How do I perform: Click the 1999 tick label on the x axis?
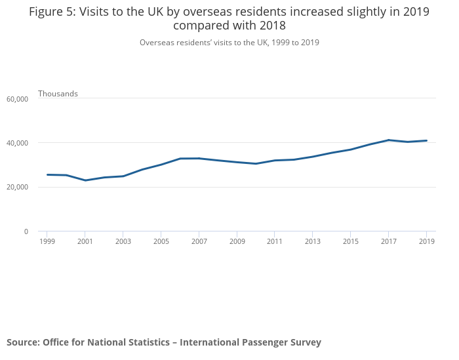click(47, 242)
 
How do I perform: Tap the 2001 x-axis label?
click(85, 242)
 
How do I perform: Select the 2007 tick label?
click(199, 242)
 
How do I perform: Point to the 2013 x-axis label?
click(313, 242)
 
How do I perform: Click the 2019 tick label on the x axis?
click(427, 242)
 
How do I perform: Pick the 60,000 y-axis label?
click(17, 99)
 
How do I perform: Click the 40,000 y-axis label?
click(17, 143)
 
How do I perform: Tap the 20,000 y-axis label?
click(17, 188)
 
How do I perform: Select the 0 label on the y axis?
click(26, 231)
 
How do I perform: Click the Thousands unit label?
click(58, 94)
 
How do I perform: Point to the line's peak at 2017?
click(389, 140)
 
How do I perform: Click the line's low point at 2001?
click(85, 180)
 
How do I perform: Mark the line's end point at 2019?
click(427, 140)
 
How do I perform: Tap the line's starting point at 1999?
click(47, 174)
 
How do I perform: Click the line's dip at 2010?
click(256, 163)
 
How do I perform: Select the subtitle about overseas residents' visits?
click(229, 43)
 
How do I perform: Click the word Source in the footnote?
click(22, 342)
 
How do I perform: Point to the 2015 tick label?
click(351, 242)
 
